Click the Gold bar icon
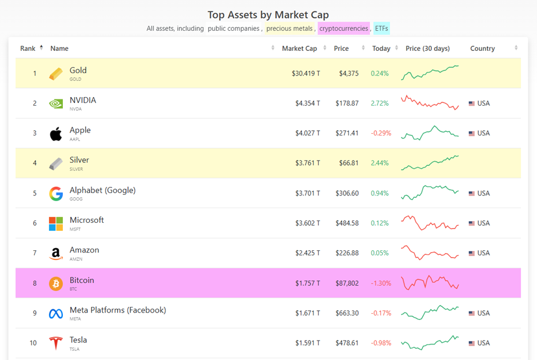click(x=56, y=74)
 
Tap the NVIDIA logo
click(x=56, y=103)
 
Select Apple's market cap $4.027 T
click(x=307, y=133)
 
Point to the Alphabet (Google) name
click(x=102, y=190)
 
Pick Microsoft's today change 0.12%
click(x=379, y=223)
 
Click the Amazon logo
click(x=56, y=253)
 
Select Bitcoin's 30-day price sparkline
click(x=430, y=283)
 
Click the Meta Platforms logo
click(x=56, y=313)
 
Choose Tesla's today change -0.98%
click(x=381, y=343)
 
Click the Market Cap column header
click(x=299, y=49)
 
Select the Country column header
click(x=482, y=49)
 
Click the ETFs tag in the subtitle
click(x=382, y=29)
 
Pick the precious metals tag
click(x=289, y=29)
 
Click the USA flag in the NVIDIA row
click(x=472, y=103)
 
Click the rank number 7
click(x=34, y=253)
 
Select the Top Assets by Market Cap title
click(x=268, y=15)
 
